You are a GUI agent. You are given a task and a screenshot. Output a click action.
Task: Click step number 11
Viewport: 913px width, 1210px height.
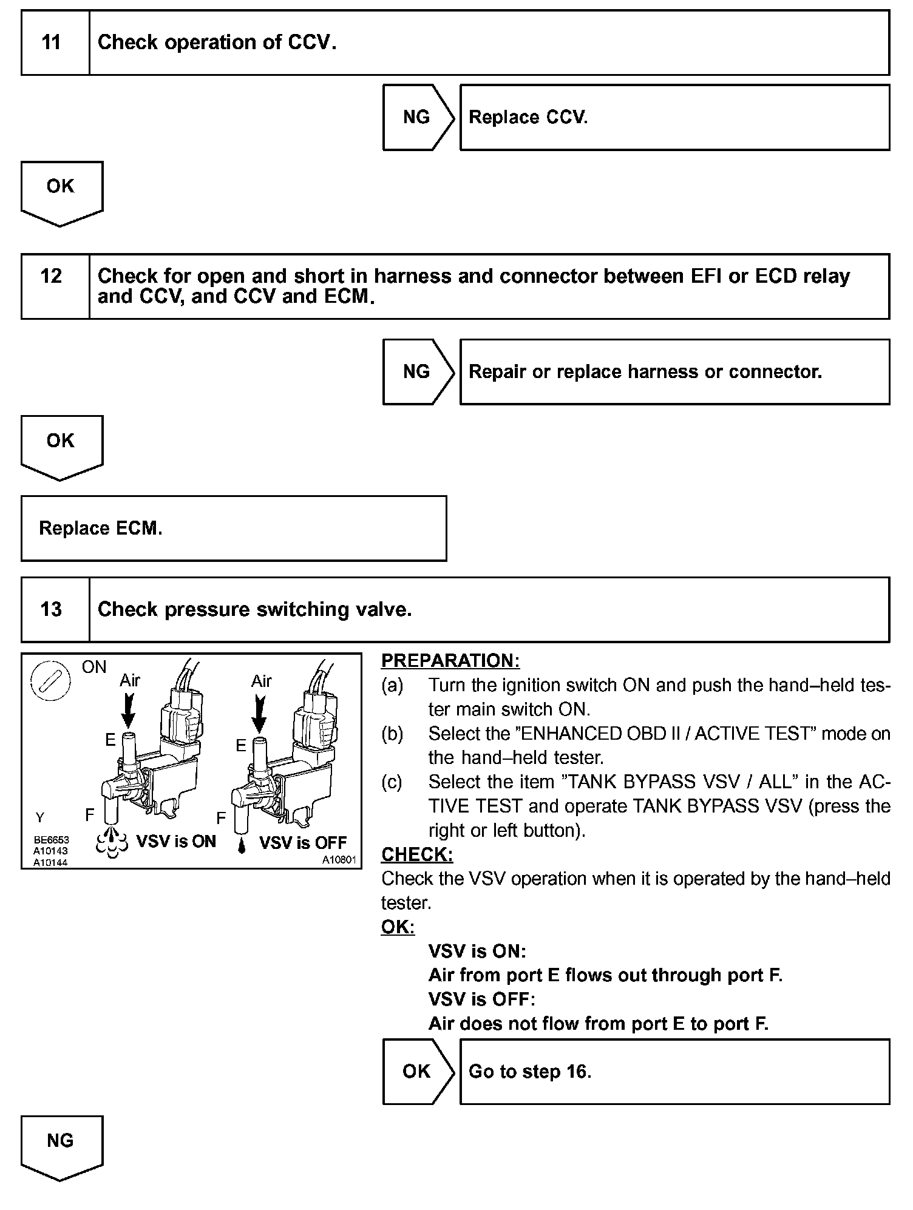(52, 42)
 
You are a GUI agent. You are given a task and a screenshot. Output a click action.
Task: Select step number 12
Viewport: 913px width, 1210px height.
(52, 277)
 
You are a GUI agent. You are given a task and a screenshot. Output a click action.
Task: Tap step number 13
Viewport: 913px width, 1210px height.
(52, 609)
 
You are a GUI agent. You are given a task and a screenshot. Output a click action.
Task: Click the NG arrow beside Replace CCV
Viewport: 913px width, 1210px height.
(417, 117)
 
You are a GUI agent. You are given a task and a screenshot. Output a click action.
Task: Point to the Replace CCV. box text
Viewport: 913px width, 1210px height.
(528, 117)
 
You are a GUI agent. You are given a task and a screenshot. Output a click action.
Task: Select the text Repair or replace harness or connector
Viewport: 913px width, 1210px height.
(645, 371)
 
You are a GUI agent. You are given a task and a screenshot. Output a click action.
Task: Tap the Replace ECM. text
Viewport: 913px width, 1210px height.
(101, 528)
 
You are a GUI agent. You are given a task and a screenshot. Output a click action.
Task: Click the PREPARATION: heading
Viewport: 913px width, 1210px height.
(450, 661)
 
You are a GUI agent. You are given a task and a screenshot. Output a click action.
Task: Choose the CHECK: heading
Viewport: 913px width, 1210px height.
(417, 854)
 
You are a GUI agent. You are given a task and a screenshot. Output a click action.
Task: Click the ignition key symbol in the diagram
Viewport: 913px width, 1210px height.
(50, 681)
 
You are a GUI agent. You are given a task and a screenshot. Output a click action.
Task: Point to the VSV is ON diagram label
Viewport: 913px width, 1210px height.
(176, 842)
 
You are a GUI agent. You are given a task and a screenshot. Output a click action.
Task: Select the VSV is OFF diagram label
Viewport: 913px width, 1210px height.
(303, 843)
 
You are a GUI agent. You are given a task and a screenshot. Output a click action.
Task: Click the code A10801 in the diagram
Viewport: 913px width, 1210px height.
(339, 860)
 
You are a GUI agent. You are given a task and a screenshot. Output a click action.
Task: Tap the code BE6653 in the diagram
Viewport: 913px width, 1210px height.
(52, 840)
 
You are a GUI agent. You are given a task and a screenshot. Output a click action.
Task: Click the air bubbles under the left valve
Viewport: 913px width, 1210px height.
(112, 842)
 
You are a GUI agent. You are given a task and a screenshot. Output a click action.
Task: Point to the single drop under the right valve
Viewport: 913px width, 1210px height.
(242, 845)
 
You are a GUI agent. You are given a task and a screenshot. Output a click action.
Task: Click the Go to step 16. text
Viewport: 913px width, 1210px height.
(530, 1072)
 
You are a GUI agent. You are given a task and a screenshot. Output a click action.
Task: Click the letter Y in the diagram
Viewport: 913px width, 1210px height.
(40, 817)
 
